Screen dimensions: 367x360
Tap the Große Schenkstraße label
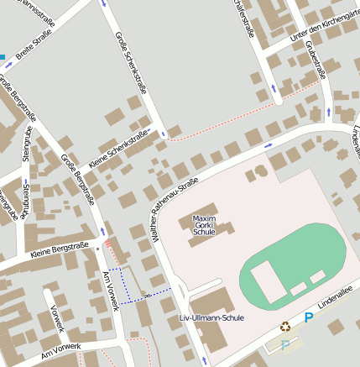[131, 73]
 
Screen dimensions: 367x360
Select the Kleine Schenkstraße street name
[118, 149]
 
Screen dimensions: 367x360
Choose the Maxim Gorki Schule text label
[204, 225]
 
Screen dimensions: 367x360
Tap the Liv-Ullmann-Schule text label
[211, 318]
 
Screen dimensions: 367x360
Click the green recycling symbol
[285, 327]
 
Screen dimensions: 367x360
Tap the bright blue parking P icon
[308, 317]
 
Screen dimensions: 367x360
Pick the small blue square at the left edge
[3, 57]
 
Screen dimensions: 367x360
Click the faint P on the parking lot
[285, 343]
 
